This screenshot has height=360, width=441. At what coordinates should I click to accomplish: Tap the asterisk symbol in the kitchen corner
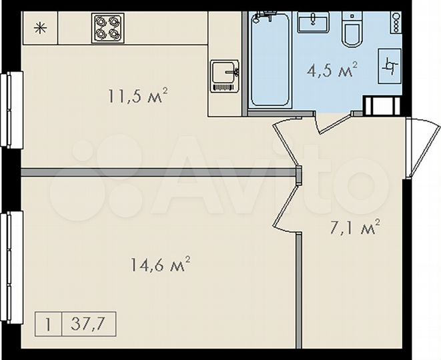pos(39,28)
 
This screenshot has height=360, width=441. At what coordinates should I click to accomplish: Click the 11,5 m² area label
pos(137,97)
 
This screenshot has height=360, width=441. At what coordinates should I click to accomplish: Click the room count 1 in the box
pos(48,326)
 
